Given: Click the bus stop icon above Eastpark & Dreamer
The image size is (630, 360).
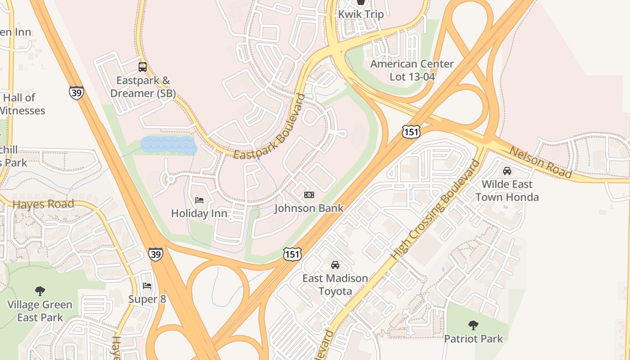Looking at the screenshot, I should [x=143, y=67].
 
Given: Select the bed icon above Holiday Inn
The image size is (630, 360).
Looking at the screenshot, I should [x=199, y=200].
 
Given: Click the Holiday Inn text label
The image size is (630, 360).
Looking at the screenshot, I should [x=199, y=213].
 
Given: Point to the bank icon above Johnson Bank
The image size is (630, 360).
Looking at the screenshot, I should [x=309, y=195].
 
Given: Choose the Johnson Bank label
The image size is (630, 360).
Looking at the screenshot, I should [x=309, y=208].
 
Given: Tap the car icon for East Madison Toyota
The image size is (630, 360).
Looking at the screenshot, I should [x=335, y=265].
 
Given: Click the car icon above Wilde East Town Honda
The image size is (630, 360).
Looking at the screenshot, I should [x=507, y=171].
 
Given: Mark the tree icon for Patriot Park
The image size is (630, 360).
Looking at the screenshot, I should [x=473, y=325].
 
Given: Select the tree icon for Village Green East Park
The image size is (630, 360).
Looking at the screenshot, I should [x=40, y=291].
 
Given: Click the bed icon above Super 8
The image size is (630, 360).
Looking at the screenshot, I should [x=147, y=286].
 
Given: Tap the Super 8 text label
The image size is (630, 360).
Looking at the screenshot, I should [x=147, y=299].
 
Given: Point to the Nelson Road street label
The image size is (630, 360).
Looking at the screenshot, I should [x=540, y=162].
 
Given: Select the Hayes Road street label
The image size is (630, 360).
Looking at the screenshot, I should [x=43, y=204].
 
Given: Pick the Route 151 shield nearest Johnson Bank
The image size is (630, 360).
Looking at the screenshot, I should [x=292, y=254].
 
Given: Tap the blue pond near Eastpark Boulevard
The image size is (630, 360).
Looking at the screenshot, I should [x=168, y=145].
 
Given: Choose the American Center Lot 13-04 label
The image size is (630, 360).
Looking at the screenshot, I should [x=412, y=70].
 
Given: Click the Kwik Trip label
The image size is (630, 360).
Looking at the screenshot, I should [x=361, y=14].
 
